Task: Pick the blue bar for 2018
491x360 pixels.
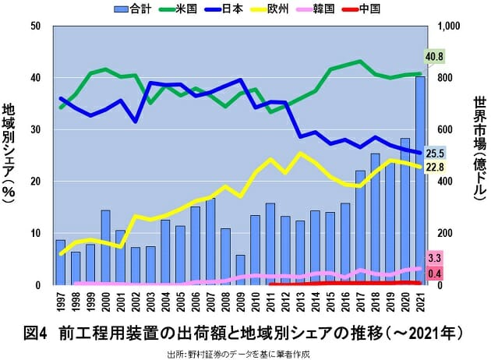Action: click(x=375, y=219)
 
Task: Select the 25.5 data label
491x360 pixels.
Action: click(x=435, y=154)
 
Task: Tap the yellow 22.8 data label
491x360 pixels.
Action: click(x=435, y=167)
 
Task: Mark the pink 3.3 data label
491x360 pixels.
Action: click(x=435, y=258)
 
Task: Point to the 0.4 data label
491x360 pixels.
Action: click(x=435, y=273)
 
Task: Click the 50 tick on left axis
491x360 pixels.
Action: click(x=35, y=26)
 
